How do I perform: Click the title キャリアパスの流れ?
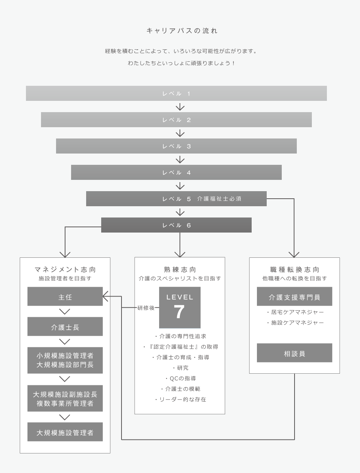coord(182,31)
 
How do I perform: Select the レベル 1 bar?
coord(176,93)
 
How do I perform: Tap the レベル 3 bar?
coord(176,146)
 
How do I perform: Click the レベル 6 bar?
coord(176,225)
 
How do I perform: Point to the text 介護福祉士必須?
coord(219,199)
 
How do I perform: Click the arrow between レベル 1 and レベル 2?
coord(180,107)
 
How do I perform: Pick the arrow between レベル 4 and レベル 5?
coord(180,186)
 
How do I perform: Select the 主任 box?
coord(65,296)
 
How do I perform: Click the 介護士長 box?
coord(65,327)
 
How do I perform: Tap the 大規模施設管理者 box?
coord(65,432)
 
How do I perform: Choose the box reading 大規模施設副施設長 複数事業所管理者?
coord(65,398)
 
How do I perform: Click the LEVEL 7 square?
coord(180,307)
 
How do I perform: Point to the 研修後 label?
coord(146,308)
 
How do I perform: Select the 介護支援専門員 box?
coord(295,296)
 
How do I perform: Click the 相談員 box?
coord(295,353)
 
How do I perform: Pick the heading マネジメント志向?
coord(65,269)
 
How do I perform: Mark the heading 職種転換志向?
coord(295,269)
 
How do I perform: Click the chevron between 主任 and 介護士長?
coord(65,312)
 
